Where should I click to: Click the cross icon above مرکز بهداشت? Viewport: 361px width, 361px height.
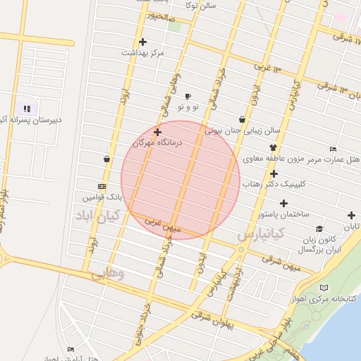142,42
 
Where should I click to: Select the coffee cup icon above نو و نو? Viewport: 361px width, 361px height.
188,97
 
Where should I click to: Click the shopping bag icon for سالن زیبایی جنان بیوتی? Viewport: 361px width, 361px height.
243,120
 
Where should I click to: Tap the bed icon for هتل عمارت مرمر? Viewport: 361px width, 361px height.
333,149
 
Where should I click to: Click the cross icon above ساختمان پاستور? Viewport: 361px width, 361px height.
283,203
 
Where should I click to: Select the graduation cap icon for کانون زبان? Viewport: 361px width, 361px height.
319,229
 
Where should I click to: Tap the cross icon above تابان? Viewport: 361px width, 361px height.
351,215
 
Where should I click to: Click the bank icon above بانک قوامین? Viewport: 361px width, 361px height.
102,186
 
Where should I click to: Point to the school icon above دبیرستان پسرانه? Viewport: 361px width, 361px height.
27,109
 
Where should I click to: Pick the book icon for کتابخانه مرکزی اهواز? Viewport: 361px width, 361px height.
324,288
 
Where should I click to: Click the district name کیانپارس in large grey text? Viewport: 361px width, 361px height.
260,232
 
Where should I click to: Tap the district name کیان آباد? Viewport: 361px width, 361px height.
99,214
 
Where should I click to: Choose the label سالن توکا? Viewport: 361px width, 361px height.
200,6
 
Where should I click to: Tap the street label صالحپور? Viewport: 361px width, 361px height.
156,14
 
